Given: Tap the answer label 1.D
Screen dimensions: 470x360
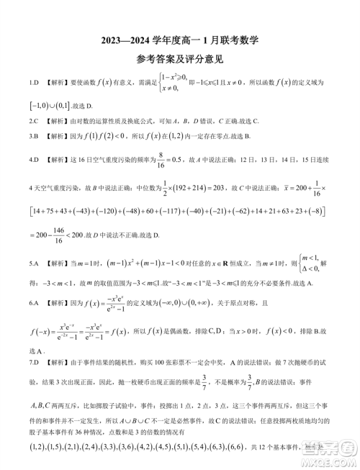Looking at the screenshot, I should (x=33, y=84).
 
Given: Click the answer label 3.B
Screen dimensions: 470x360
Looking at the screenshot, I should (x=33, y=136).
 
